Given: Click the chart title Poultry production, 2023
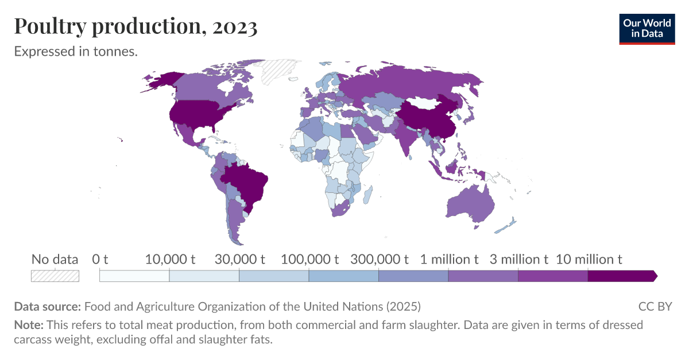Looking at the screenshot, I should [136, 26].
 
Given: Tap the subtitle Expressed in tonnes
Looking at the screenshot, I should [76, 52].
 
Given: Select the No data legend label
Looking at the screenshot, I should [55, 259].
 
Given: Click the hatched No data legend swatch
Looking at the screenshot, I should [55, 276].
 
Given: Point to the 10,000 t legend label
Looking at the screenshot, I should [170, 259].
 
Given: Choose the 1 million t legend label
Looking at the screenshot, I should [449, 259].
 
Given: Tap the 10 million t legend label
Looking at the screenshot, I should [589, 259].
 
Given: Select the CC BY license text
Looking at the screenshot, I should [655, 306].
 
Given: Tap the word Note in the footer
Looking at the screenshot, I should [28, 325].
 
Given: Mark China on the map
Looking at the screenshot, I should [428, 118].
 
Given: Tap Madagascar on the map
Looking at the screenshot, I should [369, 192].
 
